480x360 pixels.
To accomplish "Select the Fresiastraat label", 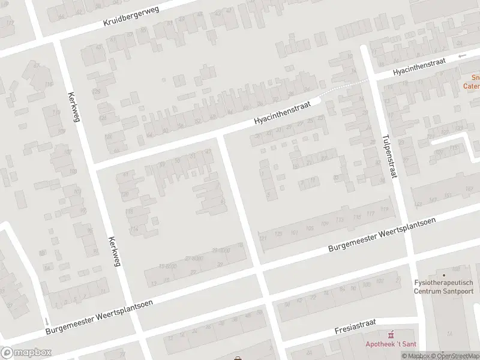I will pyautogui.click(x=355, y=326).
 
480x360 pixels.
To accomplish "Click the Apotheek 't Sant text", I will pyautogui.click(x=391, y=344).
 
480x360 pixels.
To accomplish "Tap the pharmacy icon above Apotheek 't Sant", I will pyautogui.click(x=391, y=334).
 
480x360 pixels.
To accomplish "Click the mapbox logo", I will pyautogui.click(x=26, y=353).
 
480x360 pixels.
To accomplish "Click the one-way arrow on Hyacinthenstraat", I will pyautogui.click(x=462, y=56).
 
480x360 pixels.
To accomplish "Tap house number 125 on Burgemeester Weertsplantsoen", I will pyautogui.click(x=277, y=234).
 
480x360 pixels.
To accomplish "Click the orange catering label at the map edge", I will pyautogui.click(x=472, y=82).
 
